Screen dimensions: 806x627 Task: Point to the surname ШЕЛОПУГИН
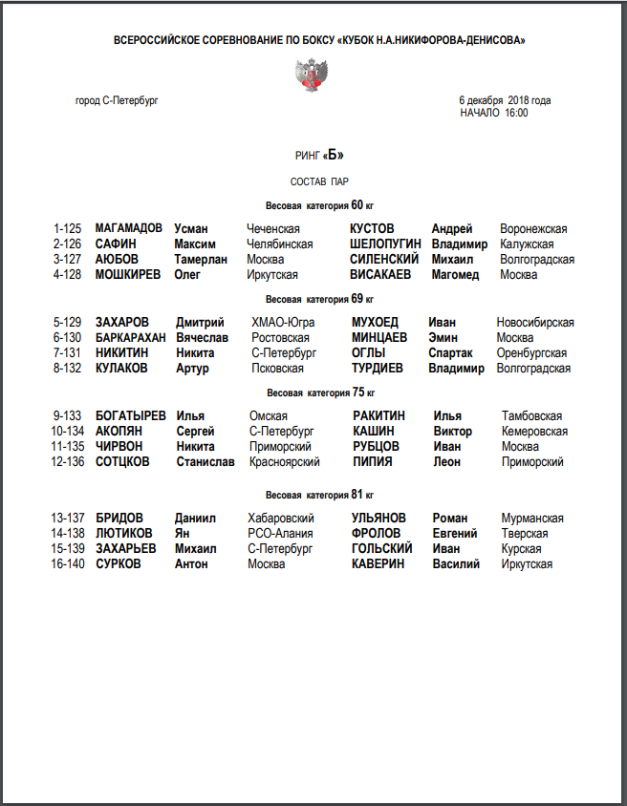(385, 244)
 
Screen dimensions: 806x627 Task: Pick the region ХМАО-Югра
(283, 323)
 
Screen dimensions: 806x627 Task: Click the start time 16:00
(516, 113)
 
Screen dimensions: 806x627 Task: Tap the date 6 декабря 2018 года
(505, 100)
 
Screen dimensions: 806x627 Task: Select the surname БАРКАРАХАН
(131, 338)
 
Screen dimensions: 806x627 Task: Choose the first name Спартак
(450, 353)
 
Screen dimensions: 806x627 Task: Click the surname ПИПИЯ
(373, 462)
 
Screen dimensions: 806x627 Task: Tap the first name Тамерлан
(201, 260)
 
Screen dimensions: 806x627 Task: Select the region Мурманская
(532, 519)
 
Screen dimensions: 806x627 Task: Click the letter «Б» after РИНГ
(334, 156)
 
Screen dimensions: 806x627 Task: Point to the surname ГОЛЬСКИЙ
(382, 549)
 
